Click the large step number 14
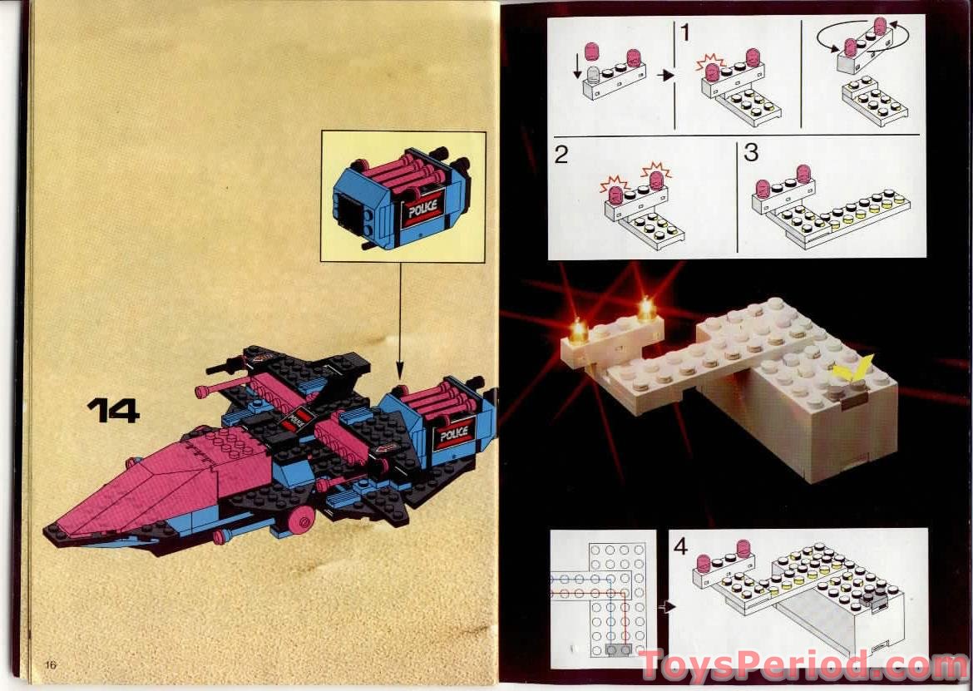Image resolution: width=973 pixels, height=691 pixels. click(x=113, y=410)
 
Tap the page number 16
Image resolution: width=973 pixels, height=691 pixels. click(x=51, y=664)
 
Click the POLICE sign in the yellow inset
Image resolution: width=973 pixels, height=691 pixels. click(x=423, y=207)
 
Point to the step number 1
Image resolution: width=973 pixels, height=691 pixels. click(x=684, y=33)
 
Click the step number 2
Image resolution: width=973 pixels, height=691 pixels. click(x=562, y=155)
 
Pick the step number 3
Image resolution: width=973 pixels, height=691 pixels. click(x=751, y=153)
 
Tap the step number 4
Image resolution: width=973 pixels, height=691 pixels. click(x=681, y=546)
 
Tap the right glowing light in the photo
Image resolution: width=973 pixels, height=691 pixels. click(x=646, y=310)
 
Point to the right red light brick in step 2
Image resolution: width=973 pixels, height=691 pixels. click(x=657, y=179)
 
